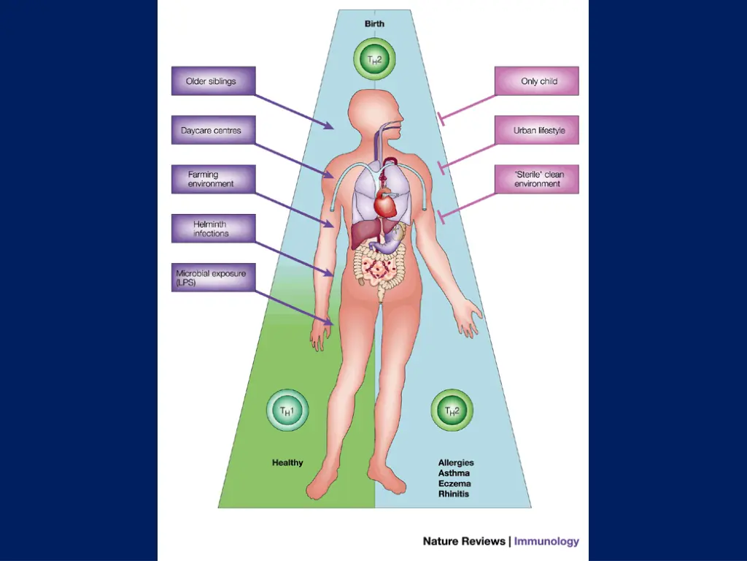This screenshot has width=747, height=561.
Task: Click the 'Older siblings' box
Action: tap(213, 81)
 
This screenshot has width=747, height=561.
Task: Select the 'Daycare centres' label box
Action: tap(213, 130)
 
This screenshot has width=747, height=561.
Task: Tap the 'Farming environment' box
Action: tap(213, 179)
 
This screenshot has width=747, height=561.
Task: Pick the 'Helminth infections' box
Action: tap(213, 228)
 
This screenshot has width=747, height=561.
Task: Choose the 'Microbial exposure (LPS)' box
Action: tap(213, 277)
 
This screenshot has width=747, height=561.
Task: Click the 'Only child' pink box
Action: tap(537, 81)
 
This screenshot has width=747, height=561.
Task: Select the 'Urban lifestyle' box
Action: tap(537, 130)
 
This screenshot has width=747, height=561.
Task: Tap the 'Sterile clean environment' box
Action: tap(537, 179)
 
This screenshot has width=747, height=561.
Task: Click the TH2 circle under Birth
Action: tap(374, 59)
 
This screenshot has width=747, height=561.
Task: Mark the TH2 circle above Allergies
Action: tap(452, 411)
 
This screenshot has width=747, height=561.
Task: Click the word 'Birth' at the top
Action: tap(374, 23)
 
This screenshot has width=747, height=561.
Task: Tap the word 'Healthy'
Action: tap(287, 462)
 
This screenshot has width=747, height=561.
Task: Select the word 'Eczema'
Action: tap(454, 484)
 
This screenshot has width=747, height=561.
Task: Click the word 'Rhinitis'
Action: tap(454, 494)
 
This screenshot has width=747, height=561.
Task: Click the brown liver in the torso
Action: tap(364, 234)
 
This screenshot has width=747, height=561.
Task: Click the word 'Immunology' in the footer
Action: tap(546, 541)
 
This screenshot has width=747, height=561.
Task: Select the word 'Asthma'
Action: tap(454, 473)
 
